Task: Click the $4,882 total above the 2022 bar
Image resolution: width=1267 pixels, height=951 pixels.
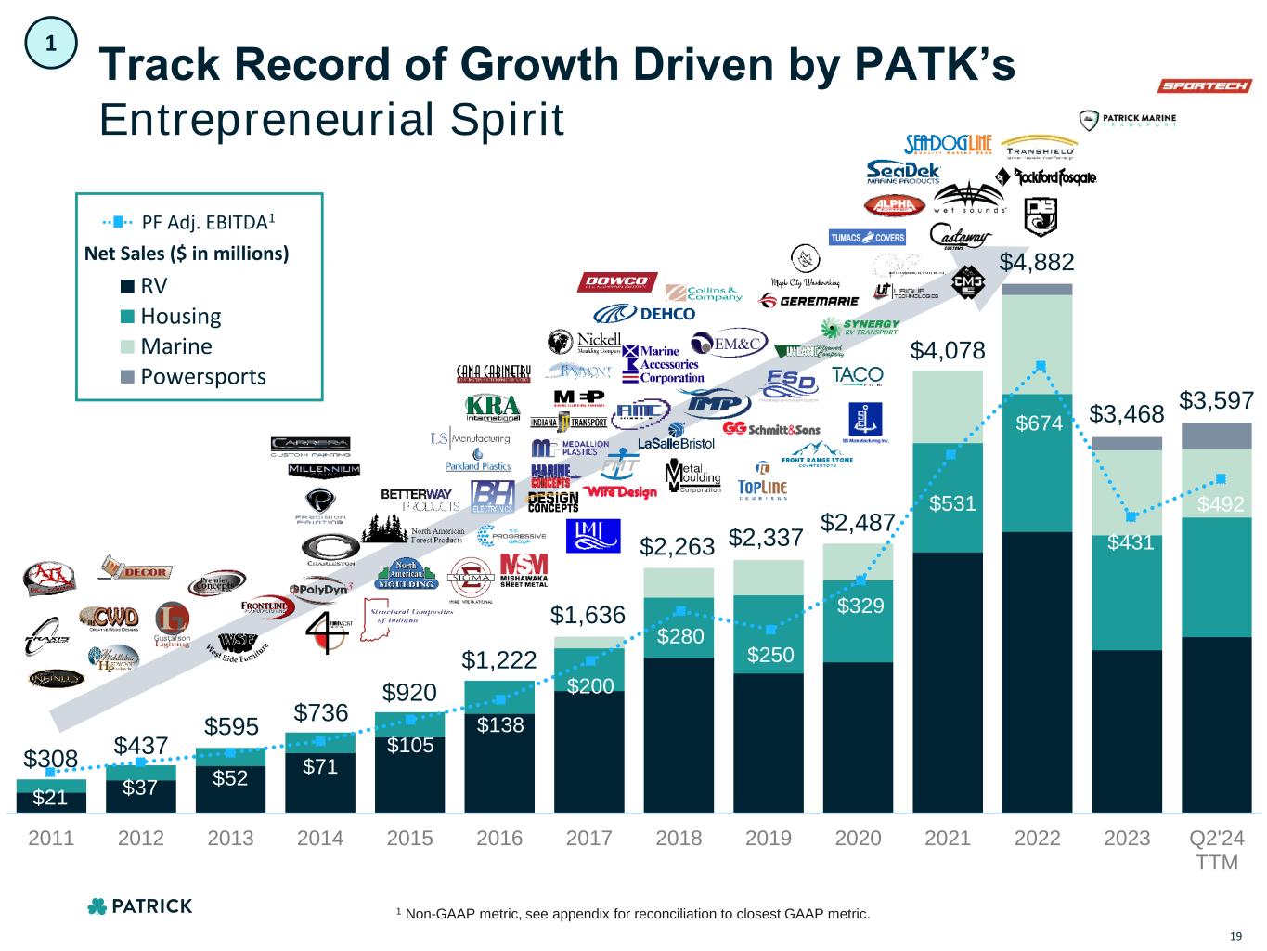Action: tap(1037, 263)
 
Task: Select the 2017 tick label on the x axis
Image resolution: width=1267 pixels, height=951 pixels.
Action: tap(589, 839)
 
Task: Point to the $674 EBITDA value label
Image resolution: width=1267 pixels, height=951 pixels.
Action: tap(1040, 423)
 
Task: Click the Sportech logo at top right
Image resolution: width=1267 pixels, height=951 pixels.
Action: tap(1205, 86)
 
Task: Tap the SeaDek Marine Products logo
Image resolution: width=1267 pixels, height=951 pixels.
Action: tap(904, 173)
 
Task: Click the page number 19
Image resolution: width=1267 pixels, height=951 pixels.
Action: tap(1235, 935)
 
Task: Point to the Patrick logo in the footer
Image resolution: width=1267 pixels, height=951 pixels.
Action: tap(139, 906)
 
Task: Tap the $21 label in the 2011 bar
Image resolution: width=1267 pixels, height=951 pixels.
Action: tap(50, 798)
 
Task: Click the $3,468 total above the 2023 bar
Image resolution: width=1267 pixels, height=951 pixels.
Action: tap(1127, 412)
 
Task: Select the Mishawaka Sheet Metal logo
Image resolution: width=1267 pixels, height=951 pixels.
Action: tap(524, 570)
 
